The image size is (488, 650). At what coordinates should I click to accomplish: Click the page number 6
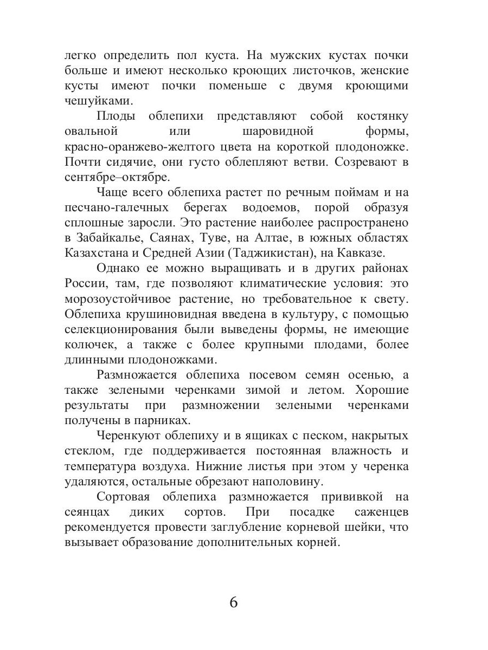point(234,603)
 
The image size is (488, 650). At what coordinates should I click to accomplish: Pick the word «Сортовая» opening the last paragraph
point(123,497)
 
